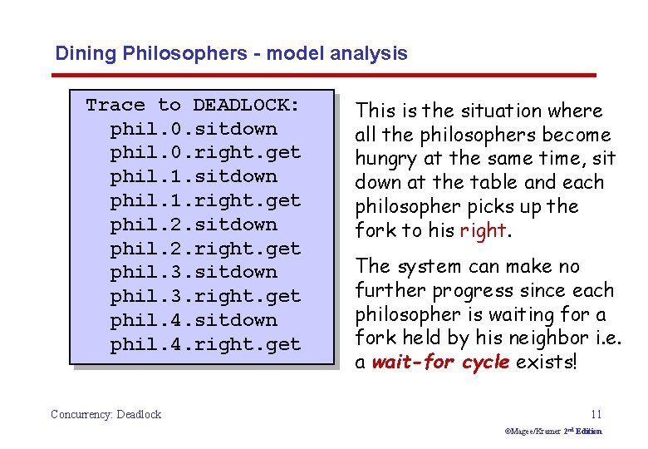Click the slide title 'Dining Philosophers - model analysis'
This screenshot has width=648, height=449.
tap(231, 54)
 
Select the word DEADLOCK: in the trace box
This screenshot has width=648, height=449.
tap(246, 105)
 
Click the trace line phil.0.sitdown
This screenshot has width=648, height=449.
tap(194, 129)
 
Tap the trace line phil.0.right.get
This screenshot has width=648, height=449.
tap(205, 153)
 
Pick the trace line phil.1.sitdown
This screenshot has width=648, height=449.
tap(194, 176)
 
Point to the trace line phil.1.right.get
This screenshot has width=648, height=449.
tap(205, 200)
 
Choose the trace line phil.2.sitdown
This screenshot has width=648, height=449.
tap(194, 224)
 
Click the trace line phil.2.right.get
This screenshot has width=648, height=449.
tap(205, 249)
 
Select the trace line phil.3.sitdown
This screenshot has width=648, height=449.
tap(194, 272)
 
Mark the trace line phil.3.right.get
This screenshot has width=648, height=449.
tap(205, 296)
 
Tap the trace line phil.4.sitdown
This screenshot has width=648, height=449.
tap(194, 320)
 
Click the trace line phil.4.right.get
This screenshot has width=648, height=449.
tap(205, 344)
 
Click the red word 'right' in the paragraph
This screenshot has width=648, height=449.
tap(483, 231)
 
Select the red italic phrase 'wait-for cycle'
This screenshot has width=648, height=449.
tap(440, 363)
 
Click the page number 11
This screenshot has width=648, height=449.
tap(596, 414)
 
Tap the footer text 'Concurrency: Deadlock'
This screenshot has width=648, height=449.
tap(106, 414)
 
